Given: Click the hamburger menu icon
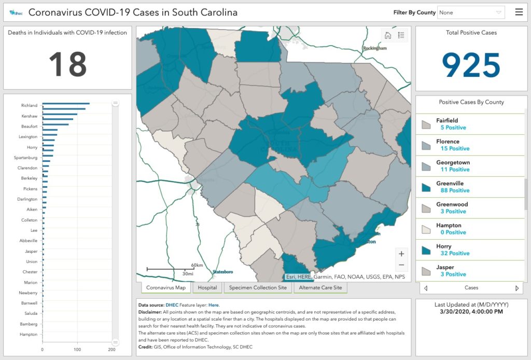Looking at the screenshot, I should click(519, 12).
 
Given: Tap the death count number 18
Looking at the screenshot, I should click(67, 64).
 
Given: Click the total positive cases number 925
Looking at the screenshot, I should click(471, 65).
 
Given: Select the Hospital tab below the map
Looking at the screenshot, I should click(207, 287).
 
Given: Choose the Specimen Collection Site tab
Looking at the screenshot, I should click(258, 287).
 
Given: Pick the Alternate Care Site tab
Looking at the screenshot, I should click(320, 287).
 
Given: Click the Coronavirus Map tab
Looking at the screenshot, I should click(166, 287).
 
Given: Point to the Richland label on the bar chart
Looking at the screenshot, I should click(29, 105).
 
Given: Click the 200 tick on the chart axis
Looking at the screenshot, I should click(111, 350).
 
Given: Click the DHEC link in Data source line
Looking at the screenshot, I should click(171, 305).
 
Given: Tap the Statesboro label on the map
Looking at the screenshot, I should click(223, 272).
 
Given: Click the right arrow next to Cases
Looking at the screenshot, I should click(516, 288).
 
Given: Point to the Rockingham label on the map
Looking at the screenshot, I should click(375, 48).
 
